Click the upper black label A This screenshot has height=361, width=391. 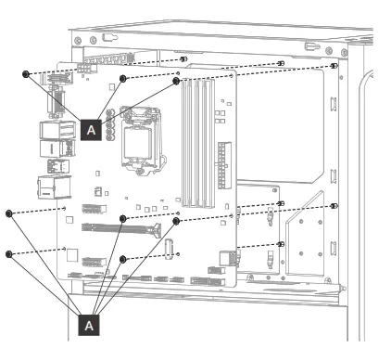pyautogui.click(x=90, y=131)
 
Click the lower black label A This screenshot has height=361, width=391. pyautogui.click(x=90, y=325)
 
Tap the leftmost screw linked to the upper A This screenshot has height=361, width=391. pyautogui.click(x=28, y=74)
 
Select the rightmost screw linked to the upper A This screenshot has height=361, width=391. pyautogui.click(x=176, y=81)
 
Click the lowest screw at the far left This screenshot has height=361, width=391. pyautogui.click(x=9, y=253)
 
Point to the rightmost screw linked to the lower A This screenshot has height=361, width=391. pyautogui.click(x=176, y=222)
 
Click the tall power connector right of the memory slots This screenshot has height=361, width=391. pyautogui.click(x=221, y=161)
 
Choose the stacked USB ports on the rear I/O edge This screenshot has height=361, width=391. pyautogui.click(x=48, y=139)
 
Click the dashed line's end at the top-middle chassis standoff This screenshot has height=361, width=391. pyautogui.click(x=281, y=64)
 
